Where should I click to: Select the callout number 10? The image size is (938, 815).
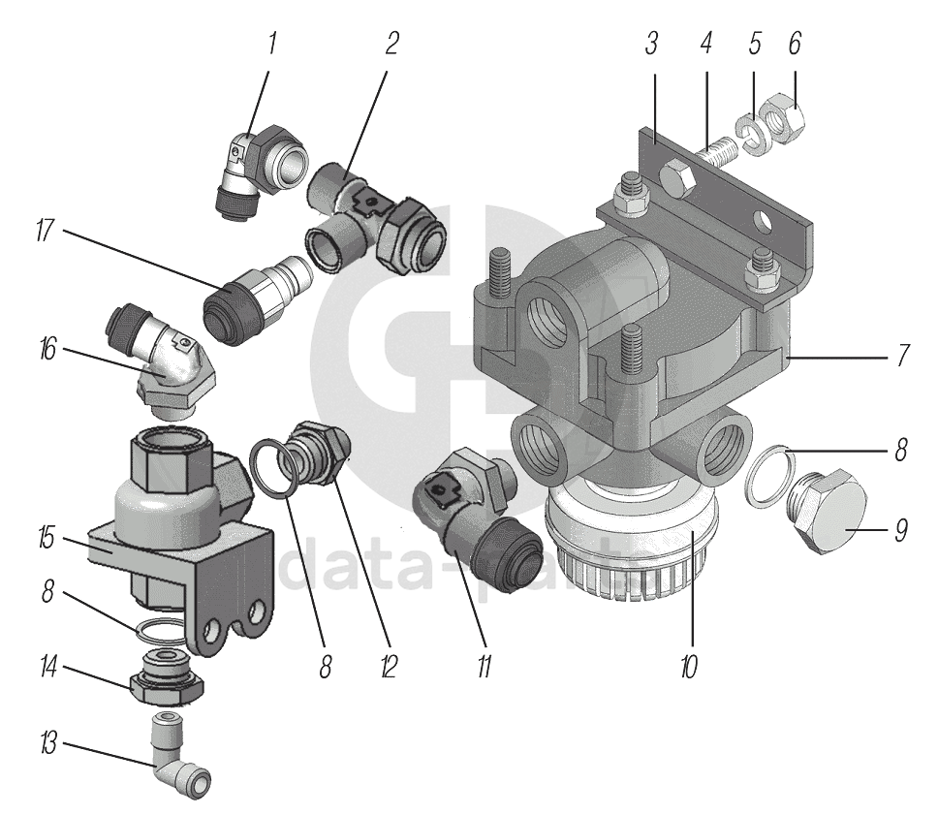689,668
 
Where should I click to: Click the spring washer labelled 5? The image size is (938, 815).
751,134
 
